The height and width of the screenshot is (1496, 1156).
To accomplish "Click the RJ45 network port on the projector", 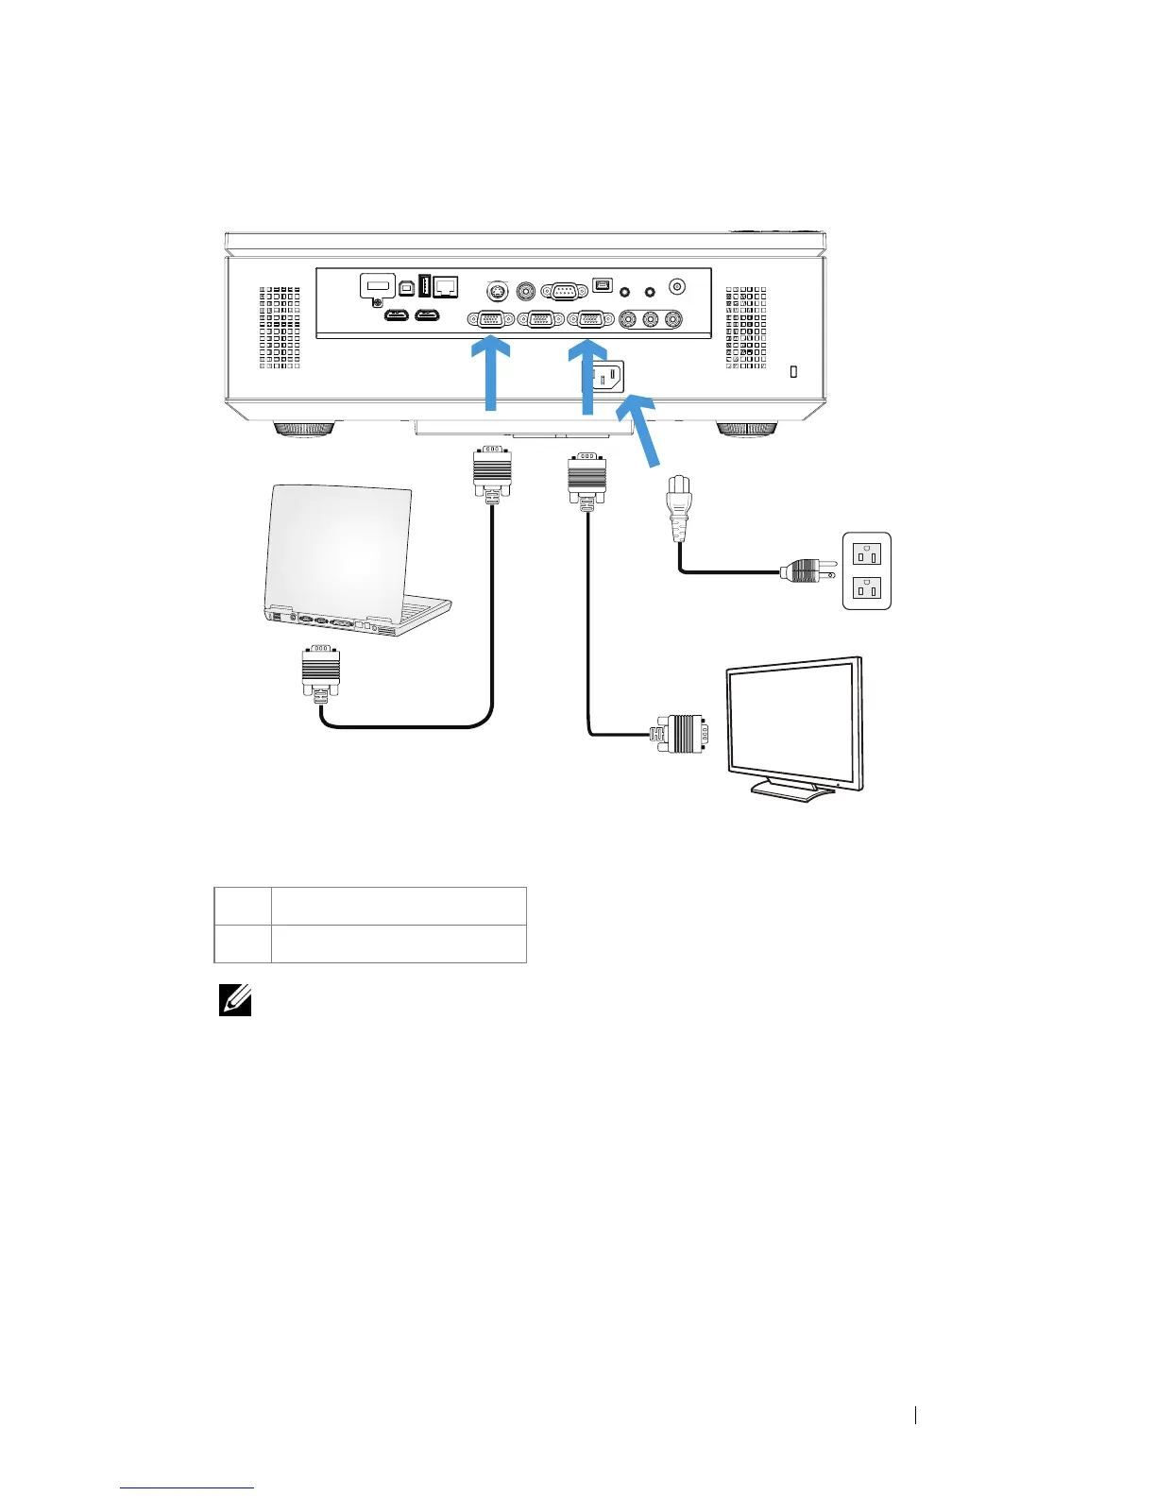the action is pyautogui.click(x=446, y=284).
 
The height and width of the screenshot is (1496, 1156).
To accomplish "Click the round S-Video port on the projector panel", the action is pyautogui.click(x=492, y=291).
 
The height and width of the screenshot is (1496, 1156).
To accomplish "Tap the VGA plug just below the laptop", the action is pyautogui.click(x=320, y=673).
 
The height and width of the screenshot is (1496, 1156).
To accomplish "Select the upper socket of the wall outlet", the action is pyautogui.click(x=867, y=552).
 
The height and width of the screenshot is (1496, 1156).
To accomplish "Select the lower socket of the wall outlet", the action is pyautogui.click(x=867, y=588).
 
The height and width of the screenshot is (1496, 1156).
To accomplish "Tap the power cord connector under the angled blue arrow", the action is pyautogui.click(x=679, y=507).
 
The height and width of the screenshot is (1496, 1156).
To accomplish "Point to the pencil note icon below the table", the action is pyautogui.click(x=235, y=999).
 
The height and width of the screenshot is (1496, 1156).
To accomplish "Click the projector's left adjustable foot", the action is pyautogui.click(x=304, y=430).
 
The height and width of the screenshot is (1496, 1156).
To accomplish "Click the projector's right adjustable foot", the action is pyautogui.click(x=747, y=430).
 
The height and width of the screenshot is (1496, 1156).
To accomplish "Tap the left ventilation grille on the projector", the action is pyautogui.click(x=280, y=328).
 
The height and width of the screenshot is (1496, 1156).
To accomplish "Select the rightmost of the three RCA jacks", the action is pyautogui.click(x=672, y=319).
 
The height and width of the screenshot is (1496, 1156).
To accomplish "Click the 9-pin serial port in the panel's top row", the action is pyautogui.click(x=565, y=291).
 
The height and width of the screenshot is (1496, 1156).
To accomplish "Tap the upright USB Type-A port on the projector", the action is pyautogui.click(x=425, y=284).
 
